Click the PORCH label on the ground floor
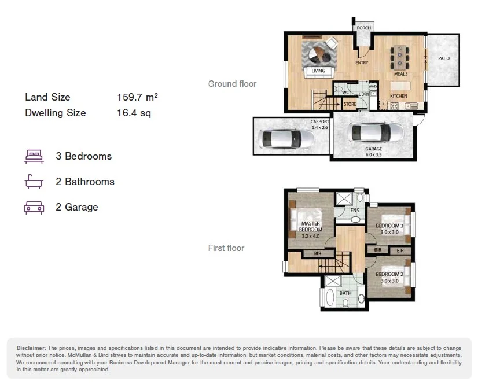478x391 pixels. point(363,28)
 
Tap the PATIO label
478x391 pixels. point(444,58)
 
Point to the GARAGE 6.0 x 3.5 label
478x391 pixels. point(373,152)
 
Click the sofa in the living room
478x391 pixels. point(319,71)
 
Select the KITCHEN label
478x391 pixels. point(399,95)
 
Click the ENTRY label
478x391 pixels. point(362,63)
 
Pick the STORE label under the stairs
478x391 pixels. point(350,105)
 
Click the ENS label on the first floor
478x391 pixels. point(355,211)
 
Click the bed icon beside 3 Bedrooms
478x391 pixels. point(34,156)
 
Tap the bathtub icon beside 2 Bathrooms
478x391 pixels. point(34,182)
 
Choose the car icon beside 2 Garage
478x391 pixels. point(34,207)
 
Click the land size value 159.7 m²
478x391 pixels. point(137,97)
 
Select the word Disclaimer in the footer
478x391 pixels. point(31,348)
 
